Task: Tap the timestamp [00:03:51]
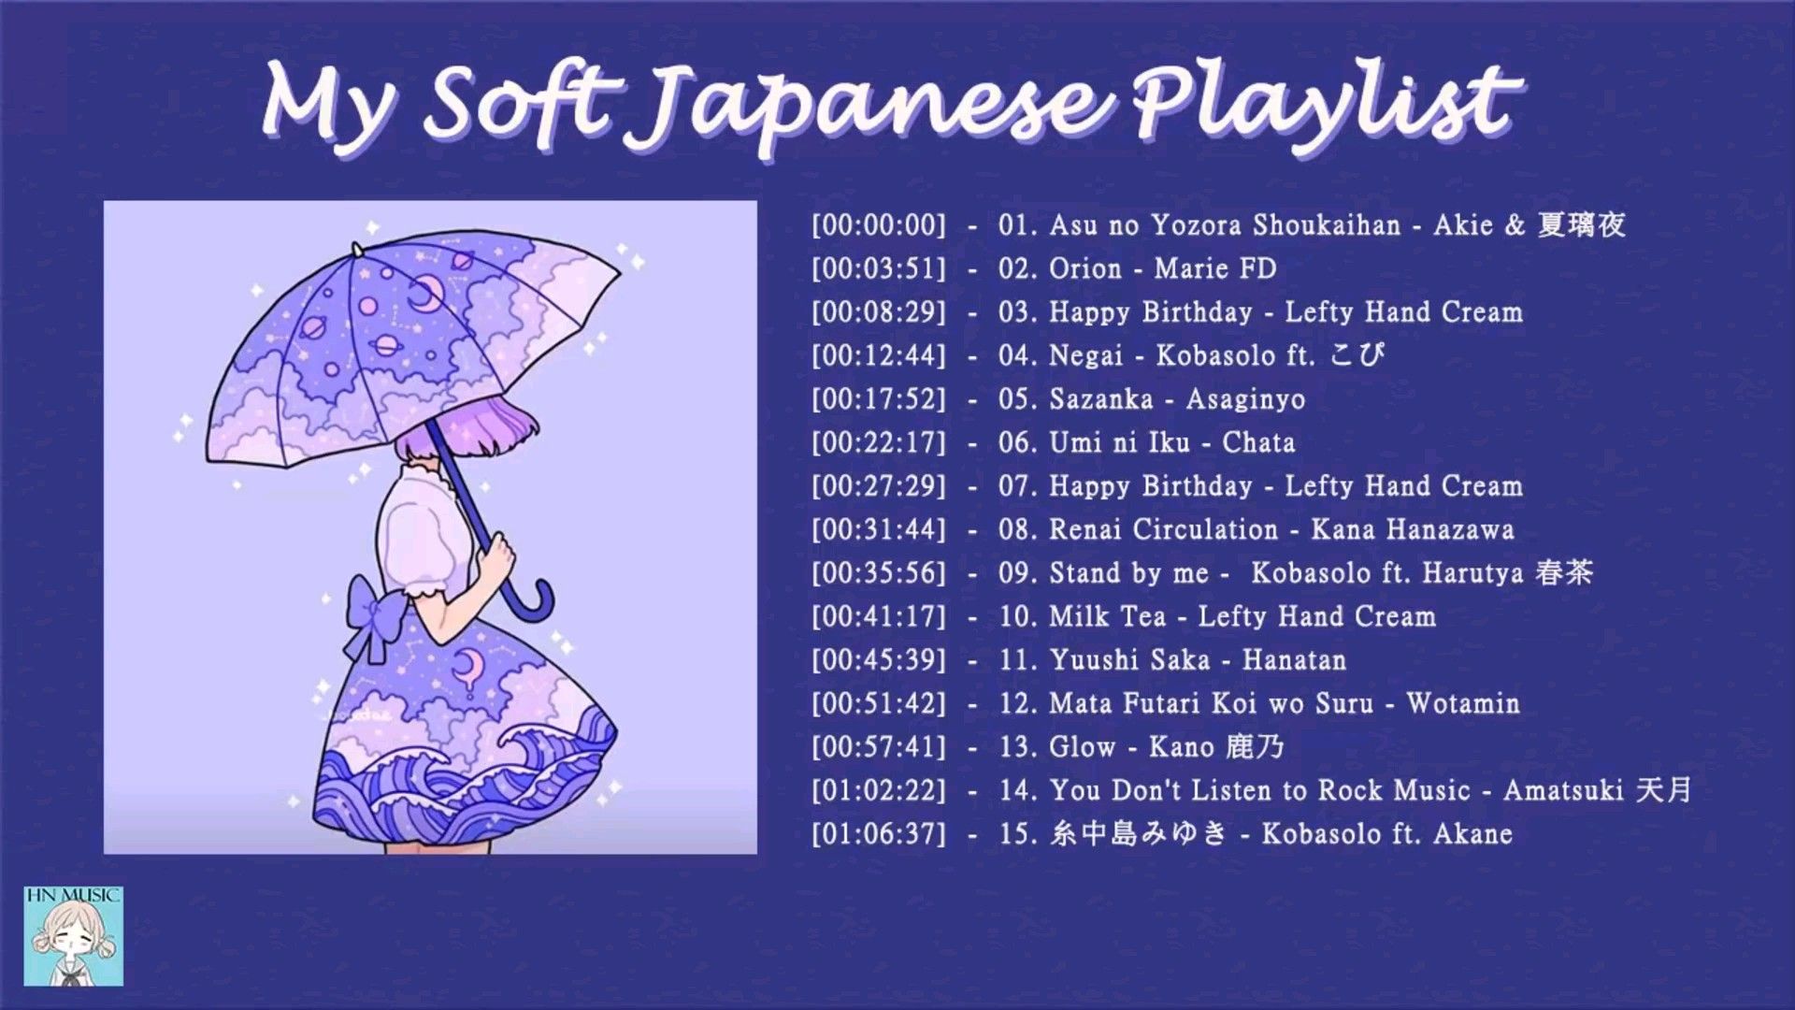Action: coord(879,269)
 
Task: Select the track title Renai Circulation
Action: coord(1163,529)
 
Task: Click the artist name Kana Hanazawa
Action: coord(1412,529)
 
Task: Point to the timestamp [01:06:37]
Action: coord(879,833)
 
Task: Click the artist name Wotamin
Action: coord(1463,703)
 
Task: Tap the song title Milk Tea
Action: coord(1108,616)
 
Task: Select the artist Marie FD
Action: coord(1215,269)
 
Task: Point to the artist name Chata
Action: coord(1258,442)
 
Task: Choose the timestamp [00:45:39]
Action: coord(879,660)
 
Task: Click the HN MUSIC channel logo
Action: coord(73,936)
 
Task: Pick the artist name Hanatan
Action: coord(1294,660)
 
